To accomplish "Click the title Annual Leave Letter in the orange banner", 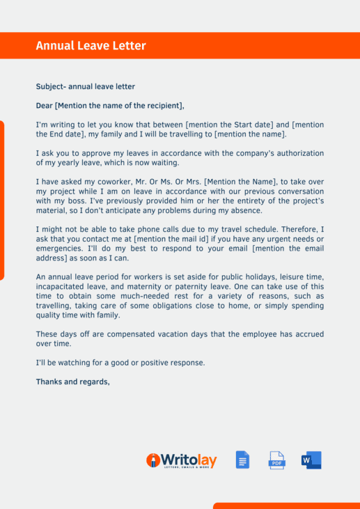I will (x=91, y=46).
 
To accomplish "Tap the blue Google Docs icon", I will (x=242, y=460).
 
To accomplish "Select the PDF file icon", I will (x=277, y=460).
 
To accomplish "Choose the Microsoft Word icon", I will (x=311, y=460).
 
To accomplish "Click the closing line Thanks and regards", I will (x=72, y=382).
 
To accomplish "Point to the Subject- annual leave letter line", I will (x=85, y=87).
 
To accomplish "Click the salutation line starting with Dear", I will (x=110, y=106).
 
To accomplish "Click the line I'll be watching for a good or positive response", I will (x=120, y=363).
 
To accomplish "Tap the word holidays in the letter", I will (x=233, y=276).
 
